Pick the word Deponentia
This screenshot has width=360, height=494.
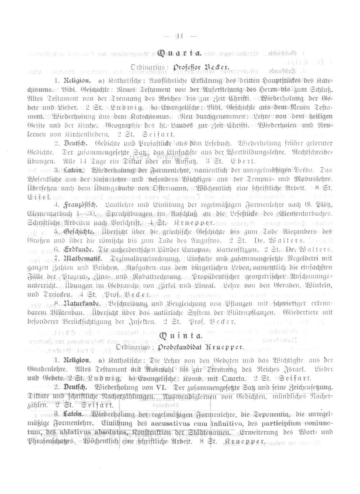point(267,413)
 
